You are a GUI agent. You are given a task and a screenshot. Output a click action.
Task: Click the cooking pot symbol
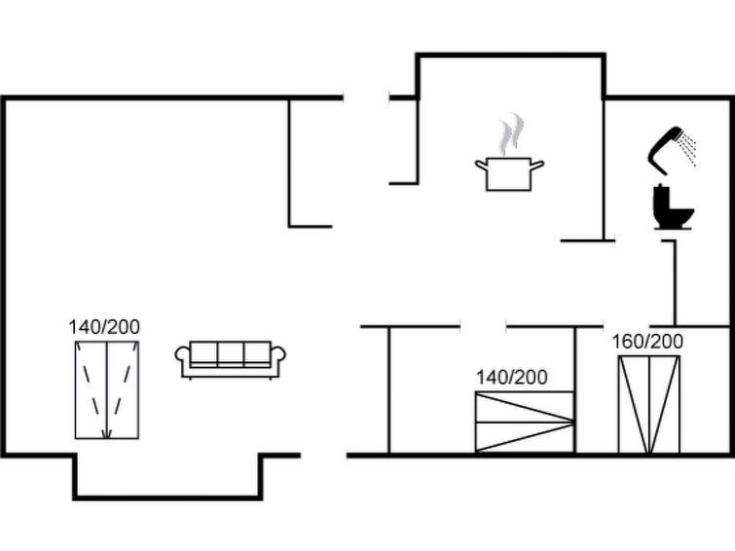click(x=509, y=173)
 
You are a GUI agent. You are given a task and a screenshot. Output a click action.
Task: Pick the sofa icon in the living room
click(x=230, y=358)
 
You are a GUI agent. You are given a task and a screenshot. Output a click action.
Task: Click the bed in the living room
click(x=107, y=389)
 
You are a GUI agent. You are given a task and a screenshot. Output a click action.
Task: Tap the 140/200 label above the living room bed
click(x=104, y=327)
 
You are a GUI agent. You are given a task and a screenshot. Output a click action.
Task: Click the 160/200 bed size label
click(x=647, y=341)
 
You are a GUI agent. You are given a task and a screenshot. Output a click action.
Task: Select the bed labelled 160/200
click(x=648, y=404)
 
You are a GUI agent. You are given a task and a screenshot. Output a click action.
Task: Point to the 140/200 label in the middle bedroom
click(x=511, y=377)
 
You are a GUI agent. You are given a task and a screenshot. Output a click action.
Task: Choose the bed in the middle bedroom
click(x=524, y=422)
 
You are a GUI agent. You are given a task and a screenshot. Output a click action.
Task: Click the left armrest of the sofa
click(x=182, y=359)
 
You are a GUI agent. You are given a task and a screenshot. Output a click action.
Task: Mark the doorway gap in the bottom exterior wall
click(x=324, y=455)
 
